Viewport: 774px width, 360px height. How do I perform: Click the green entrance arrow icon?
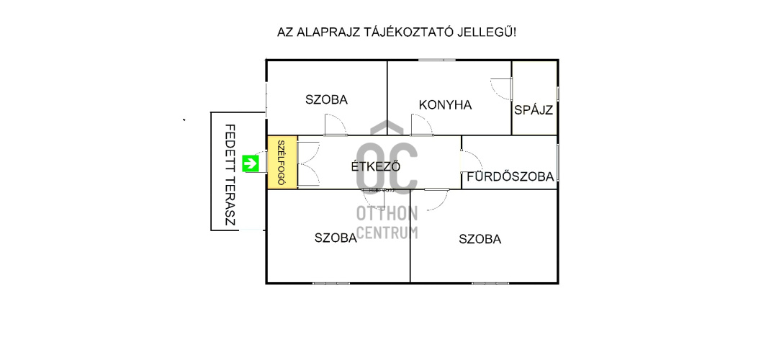pyautogui.click(x=250, y=163)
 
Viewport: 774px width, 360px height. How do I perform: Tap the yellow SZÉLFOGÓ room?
pyautogui.click(x=282, y=163)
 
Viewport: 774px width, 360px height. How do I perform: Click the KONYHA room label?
pyautogui.click(x=445, y=105)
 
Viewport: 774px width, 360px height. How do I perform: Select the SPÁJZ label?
pyautogui.click(x=534, y=111)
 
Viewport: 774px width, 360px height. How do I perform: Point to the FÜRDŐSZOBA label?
pyautogui.click(x=510, y=176)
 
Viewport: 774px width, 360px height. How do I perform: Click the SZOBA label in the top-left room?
pyautogui.click(x=326, y=100)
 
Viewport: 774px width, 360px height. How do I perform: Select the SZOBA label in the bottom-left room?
pyautogui.click(x=336, y=238)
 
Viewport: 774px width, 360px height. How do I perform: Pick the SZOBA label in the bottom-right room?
pyautogui.click(x=480, y=239)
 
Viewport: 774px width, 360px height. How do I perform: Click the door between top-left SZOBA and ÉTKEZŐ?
pyautogui.click(x=335, y=127)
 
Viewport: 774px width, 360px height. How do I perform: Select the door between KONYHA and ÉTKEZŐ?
pyautogui.click(x=421, y=127)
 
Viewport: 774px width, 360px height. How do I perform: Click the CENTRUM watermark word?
pyautogui.click(x=387, y=232)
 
